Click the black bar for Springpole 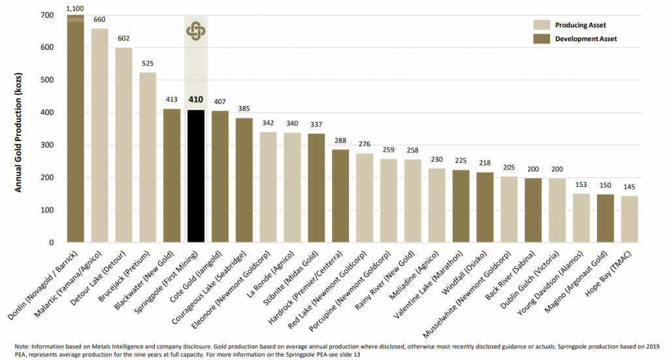pos(196,176)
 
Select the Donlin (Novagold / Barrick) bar pos(76,131)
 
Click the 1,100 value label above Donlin pos(76,8)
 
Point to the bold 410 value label pos(196,100)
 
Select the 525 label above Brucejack pos(148,63)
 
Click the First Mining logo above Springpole pos(196,30)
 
